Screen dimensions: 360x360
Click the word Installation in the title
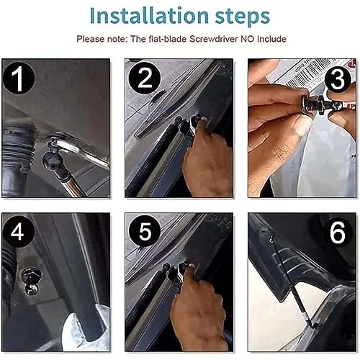point(149,16)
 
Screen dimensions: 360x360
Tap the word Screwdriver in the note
point(214,39)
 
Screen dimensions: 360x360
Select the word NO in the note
point(248,39)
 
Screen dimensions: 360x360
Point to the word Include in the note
point(271,39)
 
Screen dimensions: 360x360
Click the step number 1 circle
point(19,78)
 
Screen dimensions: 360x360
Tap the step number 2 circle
point(145,78)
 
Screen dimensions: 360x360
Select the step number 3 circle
point(338,79)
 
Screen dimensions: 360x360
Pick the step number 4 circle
point(18,232)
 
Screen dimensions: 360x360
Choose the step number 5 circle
point(145,231)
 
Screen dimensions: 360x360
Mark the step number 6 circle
point(338,232)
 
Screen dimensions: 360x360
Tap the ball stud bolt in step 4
point(30,281)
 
